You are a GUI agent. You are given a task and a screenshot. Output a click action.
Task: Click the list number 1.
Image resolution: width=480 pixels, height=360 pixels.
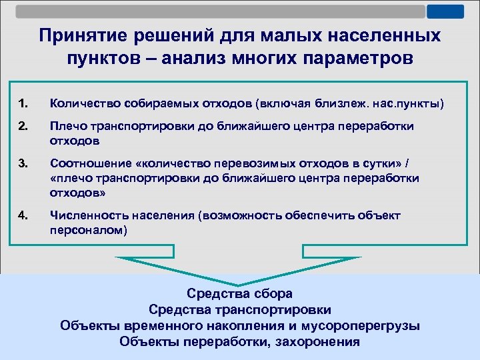pos(23,103)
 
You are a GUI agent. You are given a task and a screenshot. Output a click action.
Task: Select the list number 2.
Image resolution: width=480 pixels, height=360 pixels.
pos(23,127)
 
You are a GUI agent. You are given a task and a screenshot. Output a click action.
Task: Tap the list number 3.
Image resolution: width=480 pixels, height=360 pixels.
pos(23,162)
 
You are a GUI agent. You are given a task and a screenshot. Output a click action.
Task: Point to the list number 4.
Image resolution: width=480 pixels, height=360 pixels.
pos(23,215)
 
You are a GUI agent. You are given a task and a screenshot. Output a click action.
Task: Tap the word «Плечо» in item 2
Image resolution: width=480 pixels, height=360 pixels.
pos(66,127)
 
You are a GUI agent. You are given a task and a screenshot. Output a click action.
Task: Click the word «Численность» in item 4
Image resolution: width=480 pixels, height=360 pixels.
pos(85,215)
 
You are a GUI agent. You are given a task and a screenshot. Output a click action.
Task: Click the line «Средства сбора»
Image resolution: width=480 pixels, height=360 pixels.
pos(239,293)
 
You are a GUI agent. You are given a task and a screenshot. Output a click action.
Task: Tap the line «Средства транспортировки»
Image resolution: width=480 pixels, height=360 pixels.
pos(239,309)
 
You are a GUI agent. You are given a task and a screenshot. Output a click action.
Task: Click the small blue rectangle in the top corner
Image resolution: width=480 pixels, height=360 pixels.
pos(445,11)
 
